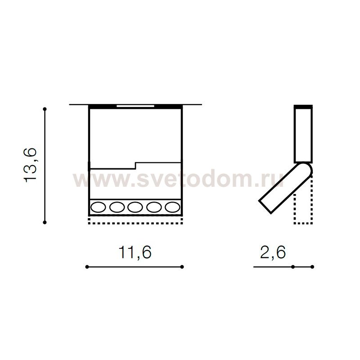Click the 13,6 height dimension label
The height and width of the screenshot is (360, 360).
coord(30,165)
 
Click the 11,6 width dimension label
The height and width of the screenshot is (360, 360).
coord(135,252)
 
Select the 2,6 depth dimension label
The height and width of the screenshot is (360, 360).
coord(273,252)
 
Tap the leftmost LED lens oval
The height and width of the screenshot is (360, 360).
coord(98,207)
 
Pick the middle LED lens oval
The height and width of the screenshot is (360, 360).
coord(135,207)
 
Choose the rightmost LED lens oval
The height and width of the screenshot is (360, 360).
coord(172,207)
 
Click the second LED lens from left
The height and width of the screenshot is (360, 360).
coord(117,207)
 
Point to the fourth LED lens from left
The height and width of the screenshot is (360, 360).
coord(154,207)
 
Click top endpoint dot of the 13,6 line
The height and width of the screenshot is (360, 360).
coord(45,109)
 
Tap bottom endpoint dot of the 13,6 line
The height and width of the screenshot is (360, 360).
coord(45,222)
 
